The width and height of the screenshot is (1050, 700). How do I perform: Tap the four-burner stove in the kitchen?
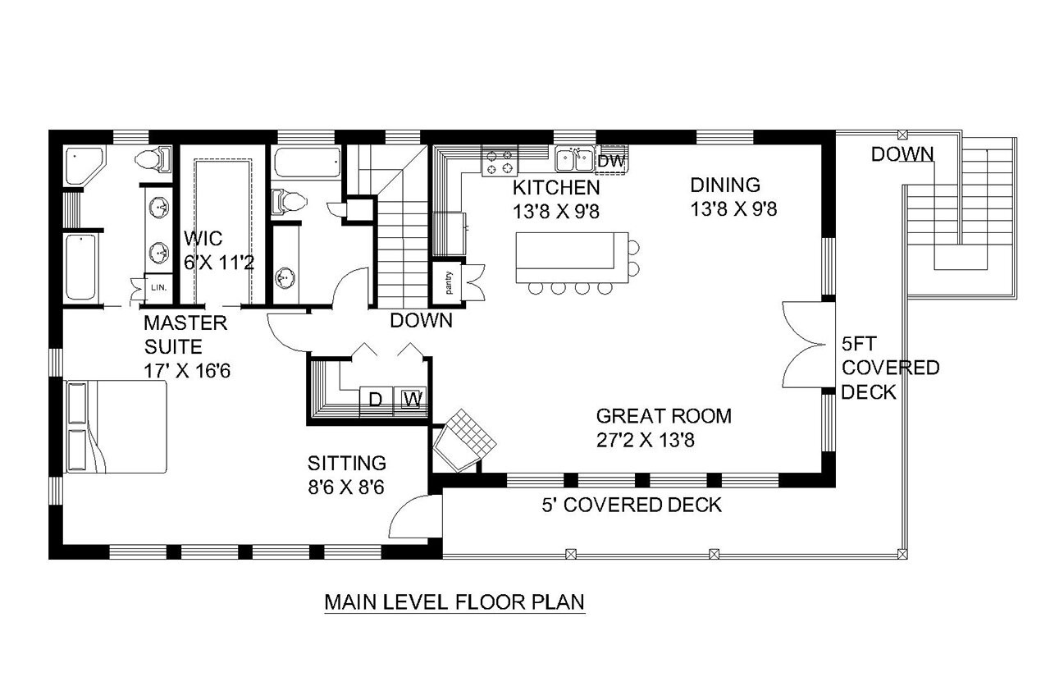(500, 161)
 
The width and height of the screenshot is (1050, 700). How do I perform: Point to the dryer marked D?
(375, 400)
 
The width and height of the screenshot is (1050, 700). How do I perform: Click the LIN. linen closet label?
(159, 287)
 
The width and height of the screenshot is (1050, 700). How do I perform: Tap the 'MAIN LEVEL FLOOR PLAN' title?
(454, 602)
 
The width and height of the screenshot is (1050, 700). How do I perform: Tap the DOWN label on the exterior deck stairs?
(902, 153)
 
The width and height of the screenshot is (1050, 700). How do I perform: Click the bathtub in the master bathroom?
(80, 268)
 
